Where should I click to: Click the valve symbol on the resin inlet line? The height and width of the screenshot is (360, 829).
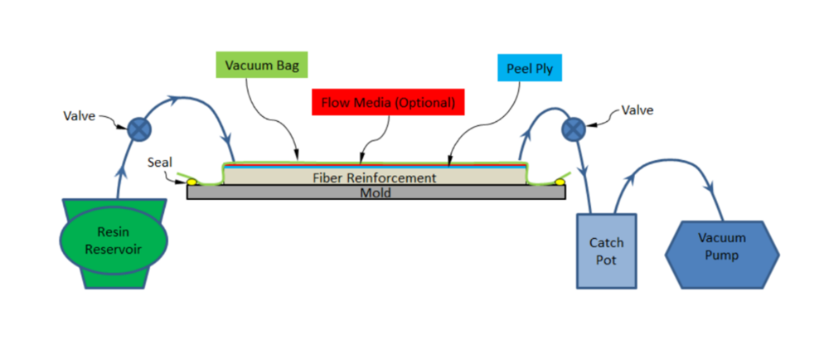click(x=136, y=128)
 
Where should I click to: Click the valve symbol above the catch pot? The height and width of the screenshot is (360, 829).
click(x=572, y=129)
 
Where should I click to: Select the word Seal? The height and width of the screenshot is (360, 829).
click(x=159, y=163)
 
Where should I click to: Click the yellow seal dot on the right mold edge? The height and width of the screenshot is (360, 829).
click(x=560, y=180)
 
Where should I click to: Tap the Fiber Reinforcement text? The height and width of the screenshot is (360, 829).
click(x=374, y=178)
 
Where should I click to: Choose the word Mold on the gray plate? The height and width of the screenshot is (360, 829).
click(x=374, y=192)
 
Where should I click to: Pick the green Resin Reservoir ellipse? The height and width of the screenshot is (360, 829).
click(x=114, y=240)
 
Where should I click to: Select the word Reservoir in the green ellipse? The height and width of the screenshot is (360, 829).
click(x=114, y=249)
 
